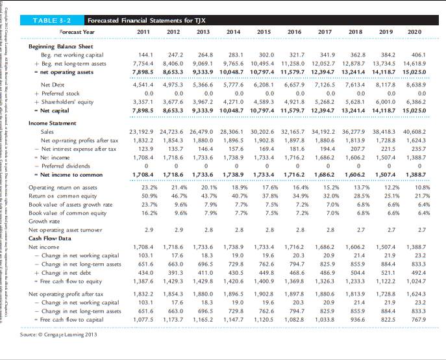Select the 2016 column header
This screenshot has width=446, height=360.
pos(295,32)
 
